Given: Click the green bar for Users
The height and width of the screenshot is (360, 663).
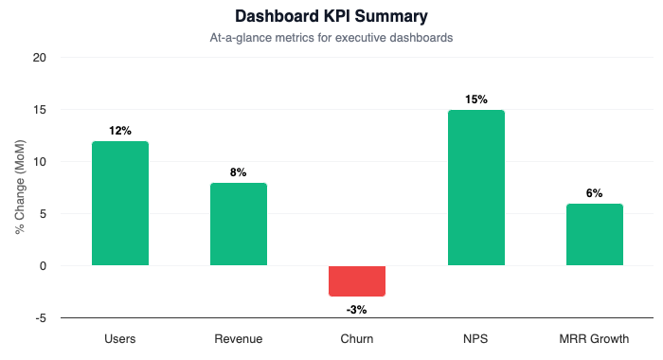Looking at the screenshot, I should click(120, 204).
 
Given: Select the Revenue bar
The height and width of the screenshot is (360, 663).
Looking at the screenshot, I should click(239, 225).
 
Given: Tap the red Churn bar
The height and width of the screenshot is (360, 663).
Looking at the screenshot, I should click(357, 280).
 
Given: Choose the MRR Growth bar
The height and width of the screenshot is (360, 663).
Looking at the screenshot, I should click(595, 235).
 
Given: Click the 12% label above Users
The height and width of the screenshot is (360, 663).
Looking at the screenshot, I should click(120, 131).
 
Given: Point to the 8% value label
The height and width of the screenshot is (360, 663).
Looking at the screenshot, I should click(239, 172).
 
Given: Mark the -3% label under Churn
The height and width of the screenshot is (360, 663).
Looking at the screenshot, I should click(357, 309).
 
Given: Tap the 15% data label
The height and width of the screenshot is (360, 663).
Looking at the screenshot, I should click(476, 99).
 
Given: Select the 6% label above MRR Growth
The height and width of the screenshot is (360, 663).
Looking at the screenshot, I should click(595, 193).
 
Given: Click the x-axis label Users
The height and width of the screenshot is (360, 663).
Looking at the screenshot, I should click(120, 338).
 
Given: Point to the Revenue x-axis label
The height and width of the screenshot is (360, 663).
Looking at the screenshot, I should click(239, 338).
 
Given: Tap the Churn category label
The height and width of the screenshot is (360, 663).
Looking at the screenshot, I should click(357, 338).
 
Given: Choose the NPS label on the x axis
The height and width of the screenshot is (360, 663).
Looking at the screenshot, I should click(476, 338).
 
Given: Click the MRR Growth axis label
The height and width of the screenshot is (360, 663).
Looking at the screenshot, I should click(595, 338).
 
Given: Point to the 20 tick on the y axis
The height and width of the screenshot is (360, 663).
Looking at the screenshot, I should click(39, 58).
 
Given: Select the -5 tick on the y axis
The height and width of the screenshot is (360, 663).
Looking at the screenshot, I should click(40, 318).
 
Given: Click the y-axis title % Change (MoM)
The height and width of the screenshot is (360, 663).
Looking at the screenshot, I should click(21, 188).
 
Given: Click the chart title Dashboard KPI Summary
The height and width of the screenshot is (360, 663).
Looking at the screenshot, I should click(331, 16).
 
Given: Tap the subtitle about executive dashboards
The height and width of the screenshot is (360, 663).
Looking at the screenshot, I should click(331, 39).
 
